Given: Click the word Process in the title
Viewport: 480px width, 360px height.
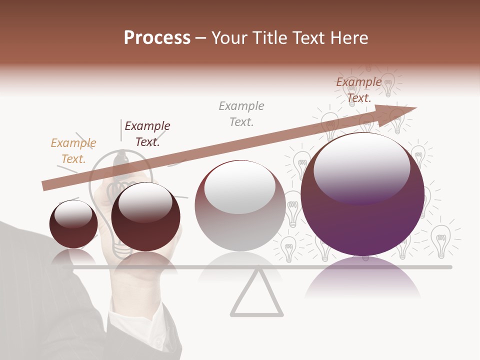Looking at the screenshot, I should click(157, 38).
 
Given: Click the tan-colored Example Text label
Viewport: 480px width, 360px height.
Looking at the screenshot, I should click(73, 151).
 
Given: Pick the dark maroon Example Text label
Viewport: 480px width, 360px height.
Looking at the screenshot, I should click(147, 134).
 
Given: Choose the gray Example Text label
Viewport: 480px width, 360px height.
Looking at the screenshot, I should click(241, 114).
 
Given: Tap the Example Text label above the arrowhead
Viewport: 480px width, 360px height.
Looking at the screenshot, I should click(359, 90).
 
